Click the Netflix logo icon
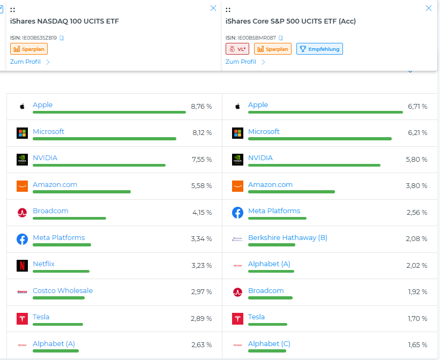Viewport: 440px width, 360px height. coord(22,266)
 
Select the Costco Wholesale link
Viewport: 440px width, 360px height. coord(63,291)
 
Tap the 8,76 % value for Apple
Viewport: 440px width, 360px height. coord(201,107)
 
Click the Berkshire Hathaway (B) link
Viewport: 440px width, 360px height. coord(287,238)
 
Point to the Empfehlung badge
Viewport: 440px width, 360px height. coord(319,49)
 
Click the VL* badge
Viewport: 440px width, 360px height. coord(237,49)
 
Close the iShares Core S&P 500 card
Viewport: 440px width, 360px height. coord(428,8)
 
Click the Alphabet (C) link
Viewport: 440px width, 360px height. coord(269,344)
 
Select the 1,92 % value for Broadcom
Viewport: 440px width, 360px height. coord(416,292)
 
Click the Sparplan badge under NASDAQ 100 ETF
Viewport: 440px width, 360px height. coord(29,49)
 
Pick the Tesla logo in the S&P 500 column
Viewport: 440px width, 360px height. coord(237,319)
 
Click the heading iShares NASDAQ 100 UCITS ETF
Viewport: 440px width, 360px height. coord(64,21)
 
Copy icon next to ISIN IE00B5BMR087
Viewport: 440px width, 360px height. coord(281,38)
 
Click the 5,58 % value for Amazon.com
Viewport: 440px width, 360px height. coord(201,186)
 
